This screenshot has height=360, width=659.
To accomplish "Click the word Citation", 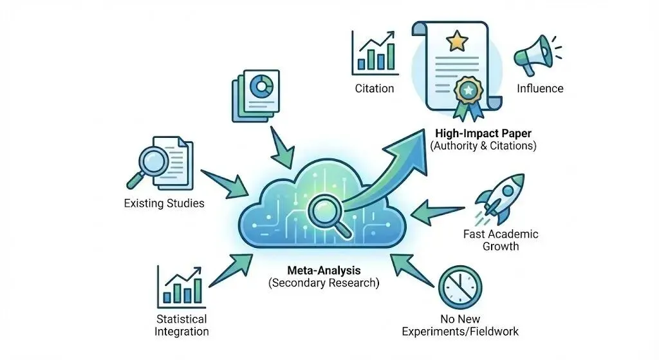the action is point(375,88).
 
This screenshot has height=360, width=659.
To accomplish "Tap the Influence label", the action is point(539,88).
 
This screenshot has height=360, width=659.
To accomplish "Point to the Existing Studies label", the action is point(164,204).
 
